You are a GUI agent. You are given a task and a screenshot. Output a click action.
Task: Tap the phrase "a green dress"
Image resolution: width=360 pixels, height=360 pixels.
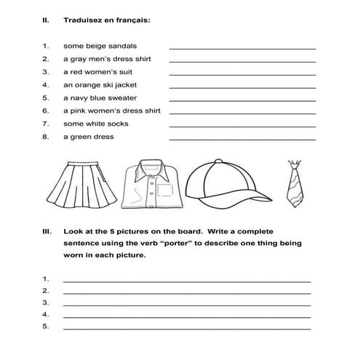(x=88, y=137)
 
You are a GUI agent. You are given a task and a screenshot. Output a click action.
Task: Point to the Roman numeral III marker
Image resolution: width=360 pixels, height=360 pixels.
(x=47, y=231)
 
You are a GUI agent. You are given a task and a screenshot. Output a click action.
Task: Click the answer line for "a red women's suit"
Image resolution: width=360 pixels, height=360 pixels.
(x=242, y=74)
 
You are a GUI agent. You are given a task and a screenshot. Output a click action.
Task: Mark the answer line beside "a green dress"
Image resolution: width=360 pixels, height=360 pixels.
(x=242, y=139)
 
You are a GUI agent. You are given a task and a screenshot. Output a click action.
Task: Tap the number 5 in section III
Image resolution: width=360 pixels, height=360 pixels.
(x=45, y=327)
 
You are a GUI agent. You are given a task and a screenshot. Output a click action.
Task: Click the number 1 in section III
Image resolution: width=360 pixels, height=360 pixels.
(x=45, y=279)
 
